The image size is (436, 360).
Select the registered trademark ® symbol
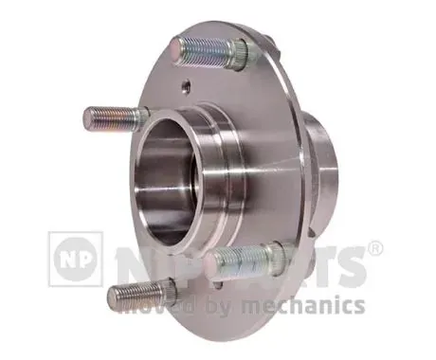[375, 249]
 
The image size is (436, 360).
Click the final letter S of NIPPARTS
[351, 266]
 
